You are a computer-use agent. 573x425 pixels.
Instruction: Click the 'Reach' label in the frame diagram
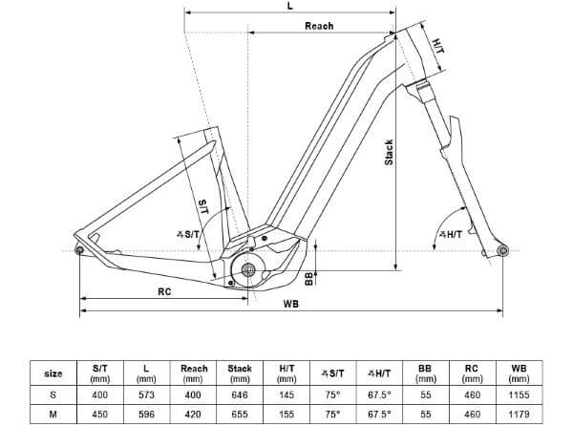318,26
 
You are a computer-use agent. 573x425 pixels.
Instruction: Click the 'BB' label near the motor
308,278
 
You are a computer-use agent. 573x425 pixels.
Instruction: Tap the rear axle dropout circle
79,251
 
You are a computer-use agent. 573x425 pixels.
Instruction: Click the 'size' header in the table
54,373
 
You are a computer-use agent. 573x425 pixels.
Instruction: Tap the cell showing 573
143,393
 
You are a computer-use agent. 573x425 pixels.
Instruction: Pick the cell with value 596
143,414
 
